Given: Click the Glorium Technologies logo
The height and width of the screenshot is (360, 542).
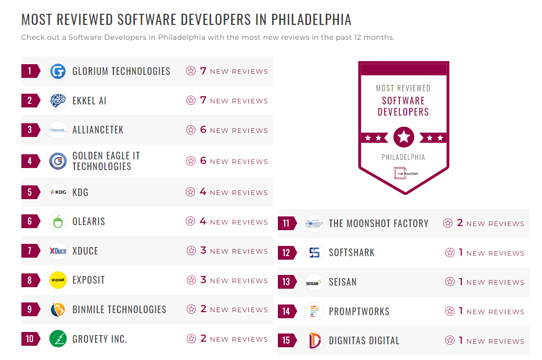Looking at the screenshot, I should (x=58, y=71).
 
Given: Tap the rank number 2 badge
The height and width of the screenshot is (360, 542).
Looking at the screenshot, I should (x=30, y=101).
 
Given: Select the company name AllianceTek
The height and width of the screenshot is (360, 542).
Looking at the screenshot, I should (x=98, y=130).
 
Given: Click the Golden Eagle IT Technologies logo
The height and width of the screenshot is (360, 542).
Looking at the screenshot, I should (x=58, y=161).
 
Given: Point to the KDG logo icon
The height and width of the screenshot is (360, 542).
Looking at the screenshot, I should (x=58, y=192).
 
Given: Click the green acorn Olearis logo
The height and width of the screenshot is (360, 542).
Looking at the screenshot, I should (x=58, y=221).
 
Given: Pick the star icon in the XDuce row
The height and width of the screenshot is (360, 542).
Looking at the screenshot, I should (x=191, y=251).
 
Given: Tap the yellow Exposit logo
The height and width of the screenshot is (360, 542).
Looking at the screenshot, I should (x=58, y=280).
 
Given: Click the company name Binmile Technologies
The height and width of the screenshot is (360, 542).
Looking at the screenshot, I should (x=119, y=310).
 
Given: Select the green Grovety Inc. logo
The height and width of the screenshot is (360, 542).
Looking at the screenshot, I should (x=58, y=339).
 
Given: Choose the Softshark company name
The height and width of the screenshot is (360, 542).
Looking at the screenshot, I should (x=352, y=253).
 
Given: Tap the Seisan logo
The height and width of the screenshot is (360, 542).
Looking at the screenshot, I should (x=315, y=282).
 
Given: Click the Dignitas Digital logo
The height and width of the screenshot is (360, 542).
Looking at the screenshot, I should (x=315, y=341).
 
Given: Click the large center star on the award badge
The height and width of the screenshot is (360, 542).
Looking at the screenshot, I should (x=404, y=137).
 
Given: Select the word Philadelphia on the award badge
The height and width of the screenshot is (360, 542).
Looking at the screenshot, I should (x=403, y=157).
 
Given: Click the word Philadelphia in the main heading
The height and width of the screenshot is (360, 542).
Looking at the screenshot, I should (x=311, y=20).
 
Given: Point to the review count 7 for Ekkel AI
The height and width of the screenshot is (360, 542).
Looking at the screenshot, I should (x=203, y=100).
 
